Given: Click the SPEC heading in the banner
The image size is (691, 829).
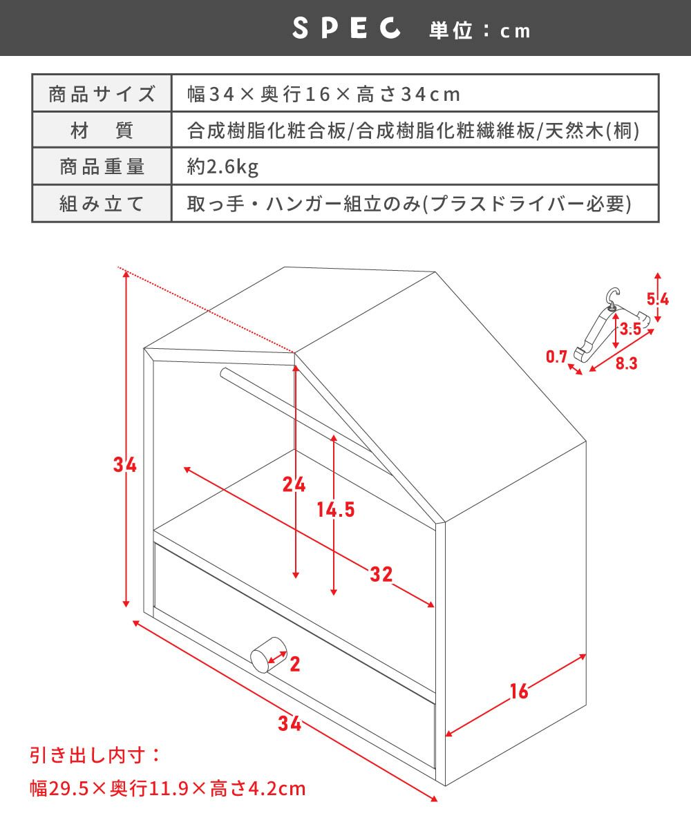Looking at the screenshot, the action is tap(346, 28).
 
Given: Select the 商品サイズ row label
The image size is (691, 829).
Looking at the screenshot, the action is tap(102, 94).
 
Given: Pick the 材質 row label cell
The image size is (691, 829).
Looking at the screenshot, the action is tap(102, 131).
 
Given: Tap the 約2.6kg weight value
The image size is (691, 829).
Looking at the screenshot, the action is tap(223, 166).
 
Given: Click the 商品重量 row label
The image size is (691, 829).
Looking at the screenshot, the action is tap(102, 166).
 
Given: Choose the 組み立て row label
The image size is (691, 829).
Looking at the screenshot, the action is tap(102, 204).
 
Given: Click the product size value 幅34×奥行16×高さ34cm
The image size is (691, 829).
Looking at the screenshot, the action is tap(323, 95).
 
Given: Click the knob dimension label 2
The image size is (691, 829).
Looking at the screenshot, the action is tap(294, 664).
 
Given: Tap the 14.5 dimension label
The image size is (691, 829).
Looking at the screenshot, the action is tap(336, 510).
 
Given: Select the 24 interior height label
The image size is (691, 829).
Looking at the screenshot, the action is tap(294, 485).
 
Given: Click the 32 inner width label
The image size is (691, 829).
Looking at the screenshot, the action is tap(381, 574).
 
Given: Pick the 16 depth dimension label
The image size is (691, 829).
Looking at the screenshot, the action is tap(520, 692).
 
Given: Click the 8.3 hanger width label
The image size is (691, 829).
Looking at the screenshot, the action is tap(626, 363).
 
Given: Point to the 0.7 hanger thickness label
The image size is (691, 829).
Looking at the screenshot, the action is tap(556, 356).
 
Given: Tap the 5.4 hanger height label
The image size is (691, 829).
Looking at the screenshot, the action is tap(658, 299).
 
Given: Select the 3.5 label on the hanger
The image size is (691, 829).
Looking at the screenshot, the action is tap(631, 329).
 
